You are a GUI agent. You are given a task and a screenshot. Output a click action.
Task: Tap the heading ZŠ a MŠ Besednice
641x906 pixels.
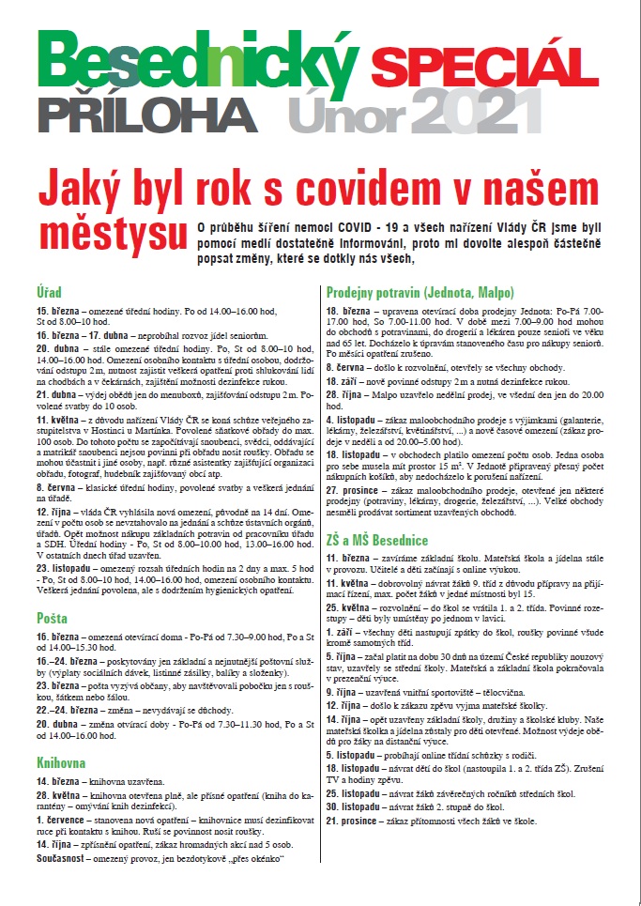click(x=377, y=540)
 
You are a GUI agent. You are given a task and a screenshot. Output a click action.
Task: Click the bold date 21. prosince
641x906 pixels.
click(x=358, y=821)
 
